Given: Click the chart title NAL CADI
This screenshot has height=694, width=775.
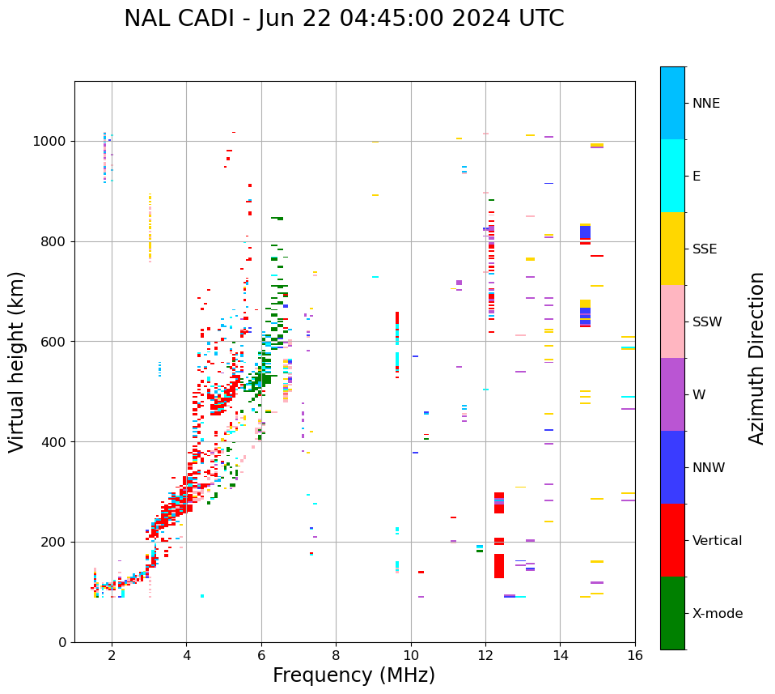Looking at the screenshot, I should click(344, 19).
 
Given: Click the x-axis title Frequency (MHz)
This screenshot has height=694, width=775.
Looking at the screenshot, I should click(354, 675).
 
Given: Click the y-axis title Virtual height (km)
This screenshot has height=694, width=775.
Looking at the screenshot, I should click(17, 362).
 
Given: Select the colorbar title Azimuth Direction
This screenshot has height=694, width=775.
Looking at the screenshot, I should click(756, 358).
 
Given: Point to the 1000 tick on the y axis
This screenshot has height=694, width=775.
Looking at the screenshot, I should click(52, 142).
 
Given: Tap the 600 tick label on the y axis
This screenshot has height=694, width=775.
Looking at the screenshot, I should click(56, 342).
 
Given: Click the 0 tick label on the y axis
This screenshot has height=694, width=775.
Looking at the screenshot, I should click(63, 642).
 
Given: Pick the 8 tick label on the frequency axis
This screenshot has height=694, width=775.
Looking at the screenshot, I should click(336, 655).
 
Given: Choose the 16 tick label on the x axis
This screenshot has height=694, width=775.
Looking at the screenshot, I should click(635, 655).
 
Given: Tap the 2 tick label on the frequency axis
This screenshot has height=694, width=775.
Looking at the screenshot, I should click(112, 655).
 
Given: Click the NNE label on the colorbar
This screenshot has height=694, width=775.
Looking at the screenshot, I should click(705, 104).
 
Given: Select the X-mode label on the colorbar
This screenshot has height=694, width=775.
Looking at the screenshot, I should click(717, 614).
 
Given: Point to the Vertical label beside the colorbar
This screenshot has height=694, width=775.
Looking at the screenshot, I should click(717, 541).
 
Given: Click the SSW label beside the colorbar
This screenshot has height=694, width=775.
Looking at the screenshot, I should click(707, 322).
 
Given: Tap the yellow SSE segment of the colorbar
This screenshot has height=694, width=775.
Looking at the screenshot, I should click(672, 249).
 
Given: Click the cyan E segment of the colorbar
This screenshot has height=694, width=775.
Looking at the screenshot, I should click(672, 176).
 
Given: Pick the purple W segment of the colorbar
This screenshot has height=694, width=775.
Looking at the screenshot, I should click(672, 394).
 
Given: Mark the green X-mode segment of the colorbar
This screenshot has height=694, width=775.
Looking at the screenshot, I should click(672, 613).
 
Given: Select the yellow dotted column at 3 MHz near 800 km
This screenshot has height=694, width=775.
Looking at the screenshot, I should click(150, 227).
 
